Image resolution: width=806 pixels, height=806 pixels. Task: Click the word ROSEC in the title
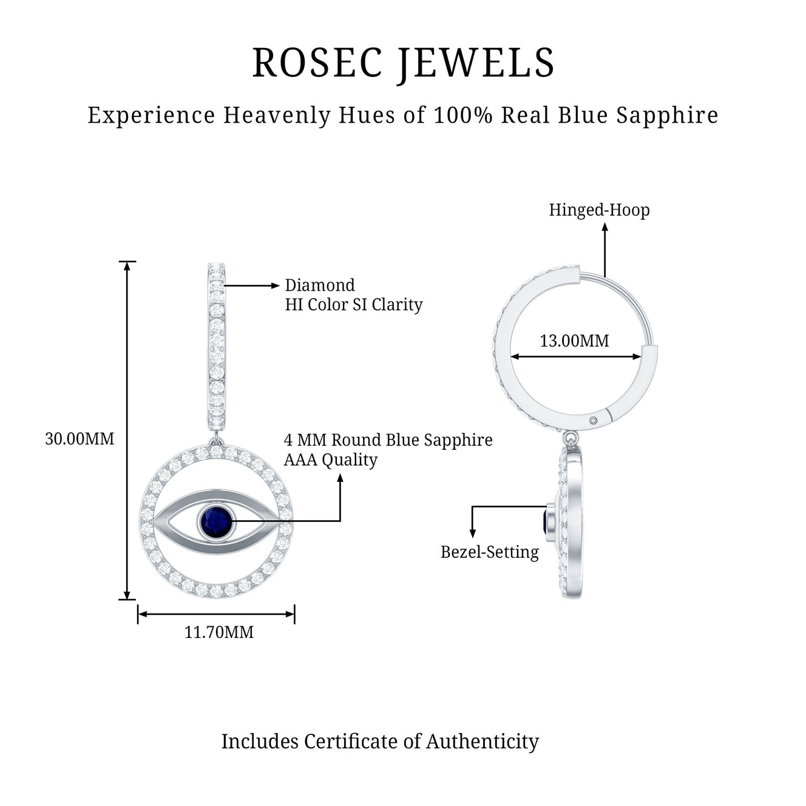tap(317, 63)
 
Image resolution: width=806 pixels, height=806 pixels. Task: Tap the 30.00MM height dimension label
tap(80, 439)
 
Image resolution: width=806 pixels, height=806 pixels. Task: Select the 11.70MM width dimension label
tap(219, 632)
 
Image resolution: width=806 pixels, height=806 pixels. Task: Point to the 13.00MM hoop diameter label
tap(574, 341)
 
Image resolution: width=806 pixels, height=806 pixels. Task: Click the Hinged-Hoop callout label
tap(599, 210)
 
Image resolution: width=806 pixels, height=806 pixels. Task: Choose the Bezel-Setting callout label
tap(490, 552)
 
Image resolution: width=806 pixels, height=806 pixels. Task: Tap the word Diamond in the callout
tap(320, 285)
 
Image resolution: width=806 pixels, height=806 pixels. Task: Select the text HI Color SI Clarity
tap(354, 305)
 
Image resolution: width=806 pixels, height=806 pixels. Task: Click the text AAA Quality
tap(331, 460)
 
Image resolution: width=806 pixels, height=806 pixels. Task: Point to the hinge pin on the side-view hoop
tap(594, 420)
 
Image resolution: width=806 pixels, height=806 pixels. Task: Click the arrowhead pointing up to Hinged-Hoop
tap(604, 228)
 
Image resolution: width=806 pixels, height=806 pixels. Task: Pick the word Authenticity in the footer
tap(483, 741)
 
